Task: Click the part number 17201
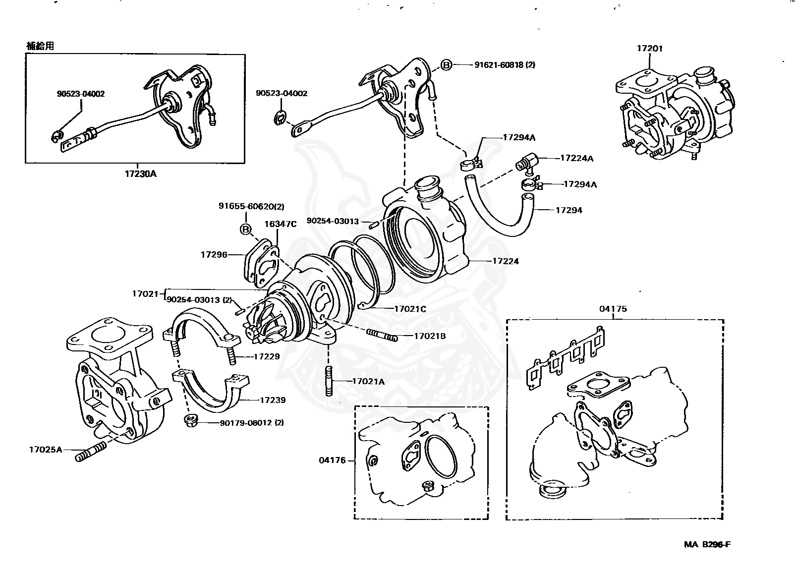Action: point(649,49)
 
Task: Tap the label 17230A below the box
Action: point(140,174)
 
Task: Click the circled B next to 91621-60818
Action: point(447,65)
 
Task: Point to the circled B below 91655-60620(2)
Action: point(245,229)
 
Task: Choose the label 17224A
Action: point(576,158)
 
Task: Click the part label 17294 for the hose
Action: point(569,210)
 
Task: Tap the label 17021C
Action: point(410,309)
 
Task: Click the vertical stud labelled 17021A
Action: point(328,381)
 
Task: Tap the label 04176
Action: point(332,460)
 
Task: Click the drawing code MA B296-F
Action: point(707,544)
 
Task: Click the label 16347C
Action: point(280,224)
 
